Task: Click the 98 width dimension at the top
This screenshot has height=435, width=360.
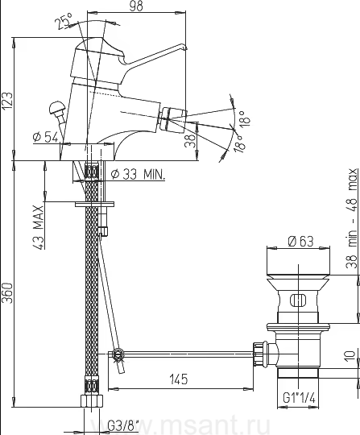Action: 136,6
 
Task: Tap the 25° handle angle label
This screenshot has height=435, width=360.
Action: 63,20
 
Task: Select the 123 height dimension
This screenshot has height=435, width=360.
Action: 7,101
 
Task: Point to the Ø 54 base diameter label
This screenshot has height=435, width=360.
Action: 45,137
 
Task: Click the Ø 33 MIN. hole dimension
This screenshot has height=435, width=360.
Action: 138,175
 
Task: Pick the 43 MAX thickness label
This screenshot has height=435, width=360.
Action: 38,227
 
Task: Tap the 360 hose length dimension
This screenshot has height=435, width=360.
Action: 7,293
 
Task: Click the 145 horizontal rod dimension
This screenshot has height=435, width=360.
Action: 178,379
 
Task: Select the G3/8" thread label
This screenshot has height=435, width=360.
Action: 122,425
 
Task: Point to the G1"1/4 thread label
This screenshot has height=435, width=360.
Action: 299,398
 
